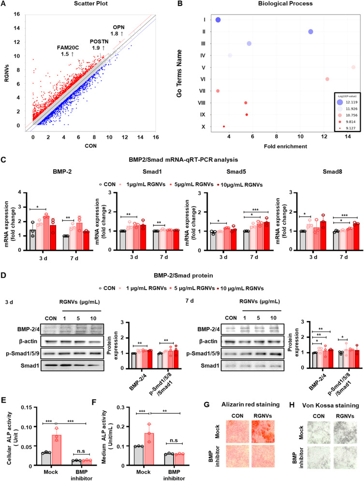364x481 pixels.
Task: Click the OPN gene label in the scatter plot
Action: pos(119,27)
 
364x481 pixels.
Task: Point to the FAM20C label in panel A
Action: pos(68,47)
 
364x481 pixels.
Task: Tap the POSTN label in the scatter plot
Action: pos(99,42)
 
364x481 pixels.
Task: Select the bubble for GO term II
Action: pos(311,31)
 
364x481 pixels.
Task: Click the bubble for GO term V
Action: pos(353,67)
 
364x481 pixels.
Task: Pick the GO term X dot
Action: pos(224,126)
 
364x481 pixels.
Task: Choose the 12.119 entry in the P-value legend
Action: pos(351,102)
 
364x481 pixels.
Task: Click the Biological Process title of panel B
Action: pos(286,4)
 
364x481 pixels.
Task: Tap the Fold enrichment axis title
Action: pos(286,146)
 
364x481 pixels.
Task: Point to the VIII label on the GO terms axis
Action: pos(202,103)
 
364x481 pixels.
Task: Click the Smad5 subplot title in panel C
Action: pos(236,172)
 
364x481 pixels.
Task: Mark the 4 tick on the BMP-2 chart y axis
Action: pos(20,193)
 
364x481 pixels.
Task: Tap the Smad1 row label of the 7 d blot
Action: pos(210,365)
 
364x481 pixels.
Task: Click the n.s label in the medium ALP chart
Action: pos(174,440)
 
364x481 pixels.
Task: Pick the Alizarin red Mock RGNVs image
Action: pos(263,432)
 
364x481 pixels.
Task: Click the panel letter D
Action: pos(3,275)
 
